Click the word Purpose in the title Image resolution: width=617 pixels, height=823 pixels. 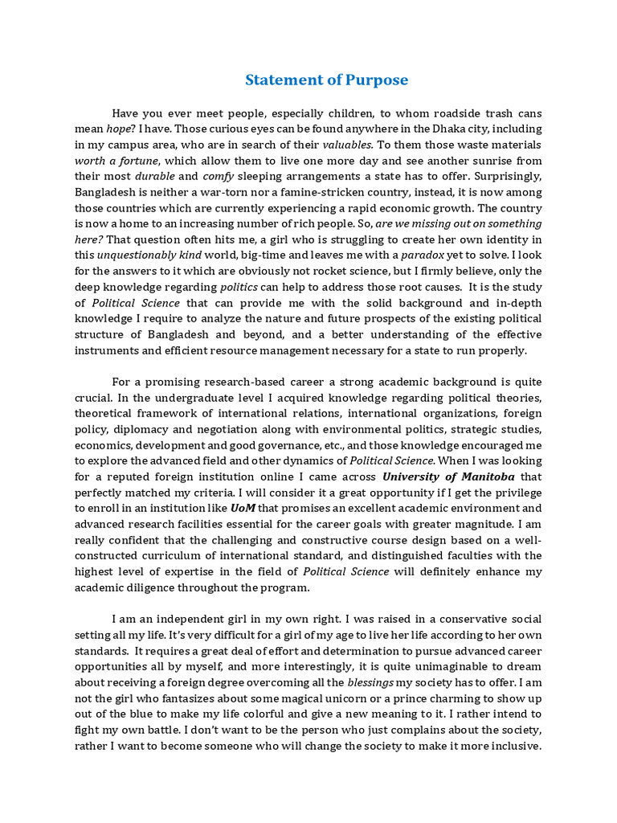[x=377, y=80]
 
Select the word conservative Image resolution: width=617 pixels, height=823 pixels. [x=452, y=619]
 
